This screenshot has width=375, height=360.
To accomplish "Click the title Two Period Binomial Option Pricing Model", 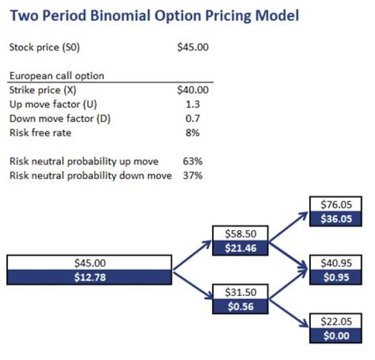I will [x=154, y=16].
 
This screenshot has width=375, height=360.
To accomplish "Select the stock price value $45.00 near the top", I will [x=193, y=47].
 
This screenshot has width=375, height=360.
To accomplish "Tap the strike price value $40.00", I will [x=193, y=90].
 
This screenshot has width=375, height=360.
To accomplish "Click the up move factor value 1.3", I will [x=193, y=104].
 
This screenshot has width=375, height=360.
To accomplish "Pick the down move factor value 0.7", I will [x=193, y=118].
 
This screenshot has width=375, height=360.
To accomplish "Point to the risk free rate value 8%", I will [x=193, y=133].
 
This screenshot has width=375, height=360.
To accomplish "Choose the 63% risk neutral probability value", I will [x=193, y=161].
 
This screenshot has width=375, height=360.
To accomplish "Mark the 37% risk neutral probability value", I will [x=193, y=176].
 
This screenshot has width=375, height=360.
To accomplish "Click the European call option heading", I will [x=57, y=76].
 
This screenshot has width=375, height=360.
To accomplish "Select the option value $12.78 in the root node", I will [x=89, y=277].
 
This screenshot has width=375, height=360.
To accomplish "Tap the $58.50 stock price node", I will [x=241, y=234].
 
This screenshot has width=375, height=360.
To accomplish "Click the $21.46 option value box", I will [x=241, y=248].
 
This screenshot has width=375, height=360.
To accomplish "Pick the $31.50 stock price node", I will [x=241, y=292].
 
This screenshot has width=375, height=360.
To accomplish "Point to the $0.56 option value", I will [x=241, y=306].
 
